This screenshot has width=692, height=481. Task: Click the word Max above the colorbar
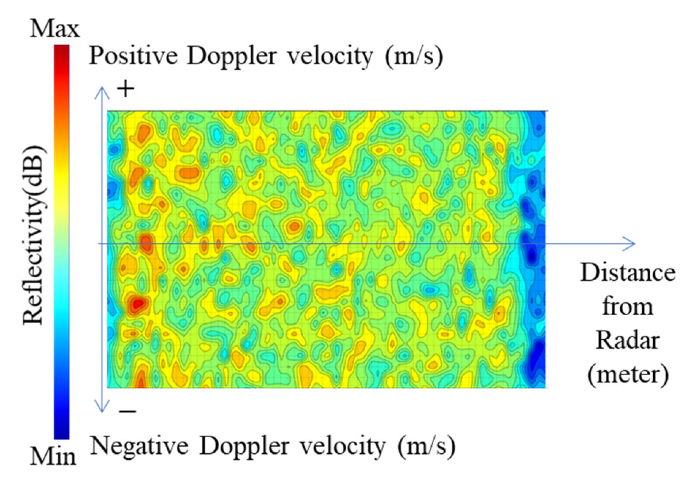(x=54, y=29)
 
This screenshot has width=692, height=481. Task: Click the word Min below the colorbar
(x=53, y=456)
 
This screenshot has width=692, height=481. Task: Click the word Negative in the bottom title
(x=139, y=446)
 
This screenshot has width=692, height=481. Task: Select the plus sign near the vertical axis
(x=126, y=89)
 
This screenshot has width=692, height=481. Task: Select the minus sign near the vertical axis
(x=128, y=412)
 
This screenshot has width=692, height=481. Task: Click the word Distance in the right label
(x=627, y=273)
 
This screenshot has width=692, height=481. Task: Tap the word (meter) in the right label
(x=628, y=374)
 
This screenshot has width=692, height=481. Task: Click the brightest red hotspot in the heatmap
(x=137, y=304)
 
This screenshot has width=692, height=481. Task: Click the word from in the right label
(x=627, y=307)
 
